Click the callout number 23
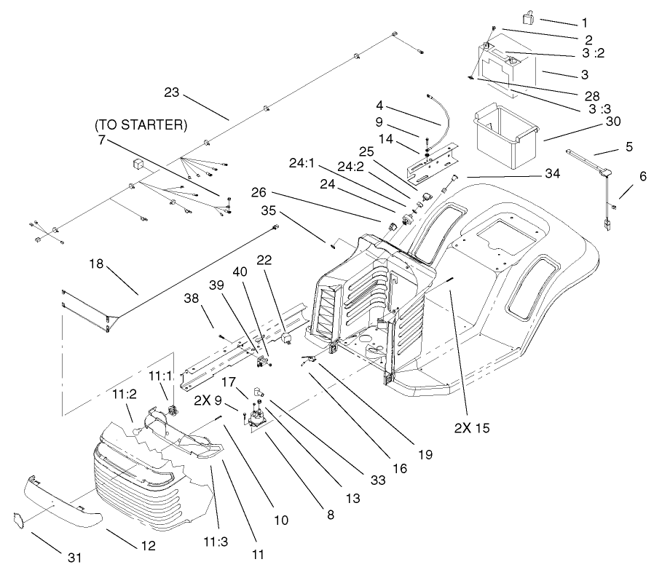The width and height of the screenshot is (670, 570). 171,92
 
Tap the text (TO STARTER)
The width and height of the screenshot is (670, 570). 141,124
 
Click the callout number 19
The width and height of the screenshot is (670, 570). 425,455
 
